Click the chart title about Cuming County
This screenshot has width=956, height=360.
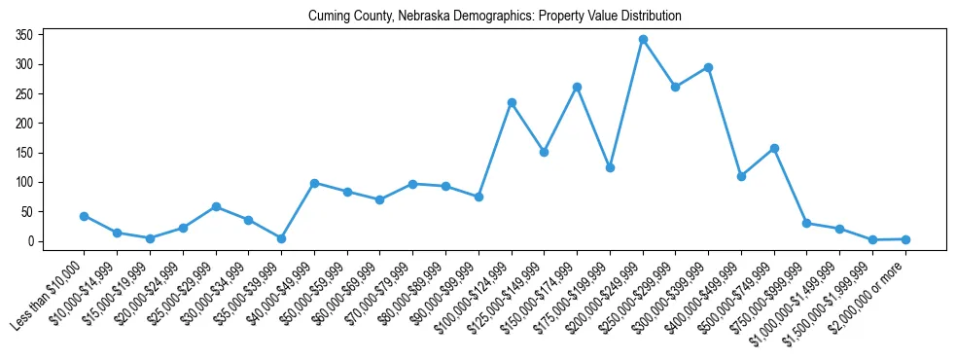[x=494, y=17]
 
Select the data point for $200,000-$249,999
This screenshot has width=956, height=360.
[x=643, y=40]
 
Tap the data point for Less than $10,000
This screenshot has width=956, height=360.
[x=85, y=216]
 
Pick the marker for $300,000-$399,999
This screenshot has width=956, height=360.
[x=708, y=68]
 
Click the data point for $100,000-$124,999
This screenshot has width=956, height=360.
[x=512, y=102]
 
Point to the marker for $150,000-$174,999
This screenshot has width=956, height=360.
[x=577, y=87]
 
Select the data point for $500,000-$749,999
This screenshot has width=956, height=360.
[x=774, y=149]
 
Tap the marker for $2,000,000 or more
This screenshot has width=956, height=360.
[x=905, y=238]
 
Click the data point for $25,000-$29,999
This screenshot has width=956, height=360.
[x=216, y=206]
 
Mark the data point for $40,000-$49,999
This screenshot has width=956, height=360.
[x=314, y=183]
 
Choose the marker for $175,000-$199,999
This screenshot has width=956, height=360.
[x=610, y=167]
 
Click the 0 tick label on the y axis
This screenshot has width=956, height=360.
[x=31, y=241]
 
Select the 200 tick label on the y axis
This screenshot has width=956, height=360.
[x=25, y=124]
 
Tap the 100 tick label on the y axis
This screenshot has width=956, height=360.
[x=25, y=182]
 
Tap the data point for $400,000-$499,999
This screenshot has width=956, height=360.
[x=741, y=176]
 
